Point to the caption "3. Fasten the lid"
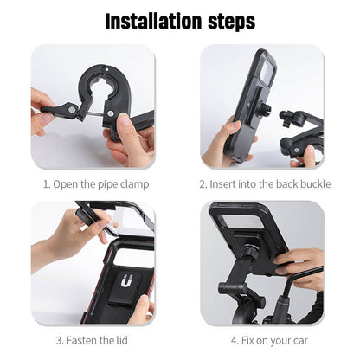coord(93,340)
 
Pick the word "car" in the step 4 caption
coord(299,340)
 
